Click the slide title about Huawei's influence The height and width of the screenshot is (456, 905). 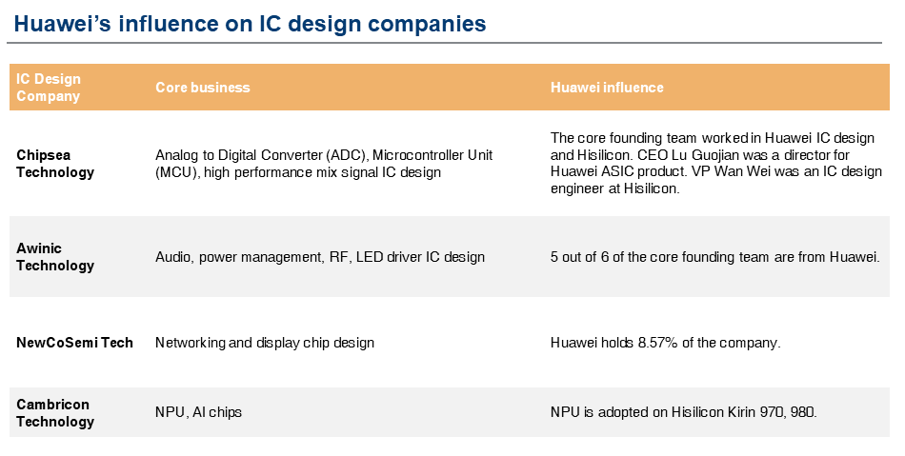point(250,24)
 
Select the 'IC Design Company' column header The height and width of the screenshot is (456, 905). point(49,88)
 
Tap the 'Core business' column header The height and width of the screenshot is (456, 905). point(202,88)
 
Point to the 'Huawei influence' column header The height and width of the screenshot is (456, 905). point(607,88)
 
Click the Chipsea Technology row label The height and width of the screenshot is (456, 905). point(55,164)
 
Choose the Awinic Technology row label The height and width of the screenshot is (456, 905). point(55,257)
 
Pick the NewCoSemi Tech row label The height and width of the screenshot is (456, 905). point(74,343)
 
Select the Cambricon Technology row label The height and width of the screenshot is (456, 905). point(55,413)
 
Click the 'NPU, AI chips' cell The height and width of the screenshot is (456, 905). point(198,413)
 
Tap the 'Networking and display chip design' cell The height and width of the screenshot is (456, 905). point(265,343)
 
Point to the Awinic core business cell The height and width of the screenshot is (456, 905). point(320,257)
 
